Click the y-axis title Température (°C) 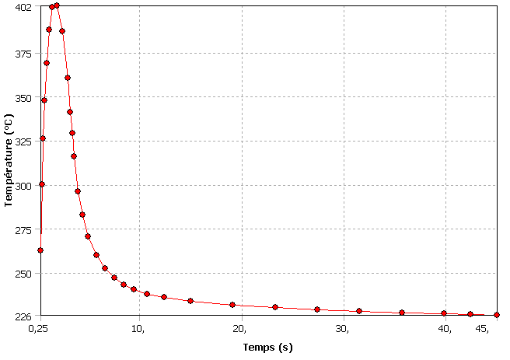tap(9, 161)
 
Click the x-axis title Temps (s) tap(267, 347)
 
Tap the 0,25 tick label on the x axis tap(38, 329)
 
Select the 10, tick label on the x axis tap(138, 329)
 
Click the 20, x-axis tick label tap(241, 329)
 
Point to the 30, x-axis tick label tap(342, 329)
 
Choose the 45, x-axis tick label tap(482, 329)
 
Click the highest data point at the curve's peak tap(57, 5)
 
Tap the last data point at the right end tap(497, 315)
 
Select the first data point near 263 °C tap(40, 250)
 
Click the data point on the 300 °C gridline tap(42, 184)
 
